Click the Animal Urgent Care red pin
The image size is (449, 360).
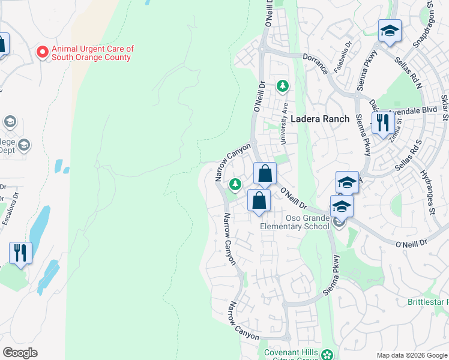(x=43, y=52)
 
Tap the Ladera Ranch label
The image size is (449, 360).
(x=320, y=119)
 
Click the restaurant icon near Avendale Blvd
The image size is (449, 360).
(x=382, y=124)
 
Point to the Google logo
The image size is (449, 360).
(x=20, y=353)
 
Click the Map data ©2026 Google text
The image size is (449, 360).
(x=412, y=355)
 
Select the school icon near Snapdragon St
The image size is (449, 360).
(x=390, y=31)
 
